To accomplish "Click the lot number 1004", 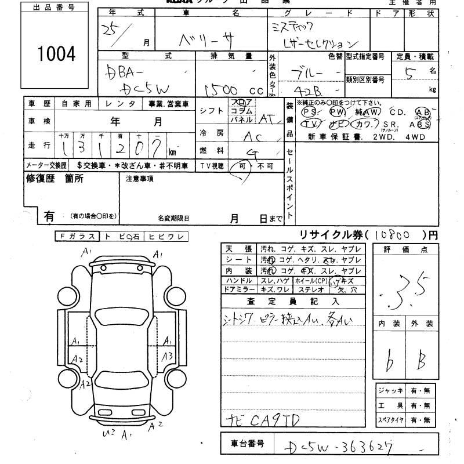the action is click(x=56, y=55).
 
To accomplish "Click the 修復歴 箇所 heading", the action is click(x=55, y=179).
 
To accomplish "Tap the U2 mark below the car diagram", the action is click(x=108, y=433).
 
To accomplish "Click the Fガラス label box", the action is click(x=78, y=236).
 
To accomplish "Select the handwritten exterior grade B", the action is click(x=421, y=362).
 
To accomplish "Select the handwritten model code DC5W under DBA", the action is click(x=147, y=89).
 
